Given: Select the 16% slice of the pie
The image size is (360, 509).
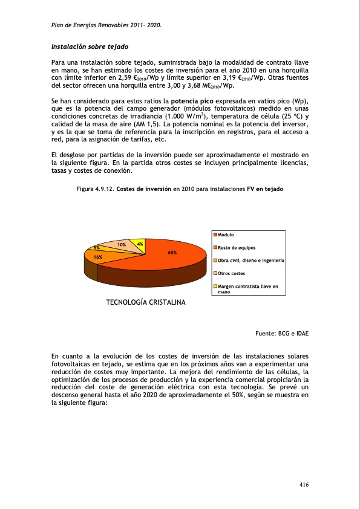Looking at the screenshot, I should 97,257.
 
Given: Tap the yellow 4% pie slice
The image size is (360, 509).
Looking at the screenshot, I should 139,243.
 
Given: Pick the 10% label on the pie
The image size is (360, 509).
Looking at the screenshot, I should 121,244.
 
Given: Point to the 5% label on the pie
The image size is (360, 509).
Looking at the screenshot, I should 96,248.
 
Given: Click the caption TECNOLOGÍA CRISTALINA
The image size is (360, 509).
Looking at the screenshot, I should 146,302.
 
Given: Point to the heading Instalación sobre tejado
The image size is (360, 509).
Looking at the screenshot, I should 90,46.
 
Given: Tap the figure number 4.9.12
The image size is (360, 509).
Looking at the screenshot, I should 103,189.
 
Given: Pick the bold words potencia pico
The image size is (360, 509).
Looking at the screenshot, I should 192,100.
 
